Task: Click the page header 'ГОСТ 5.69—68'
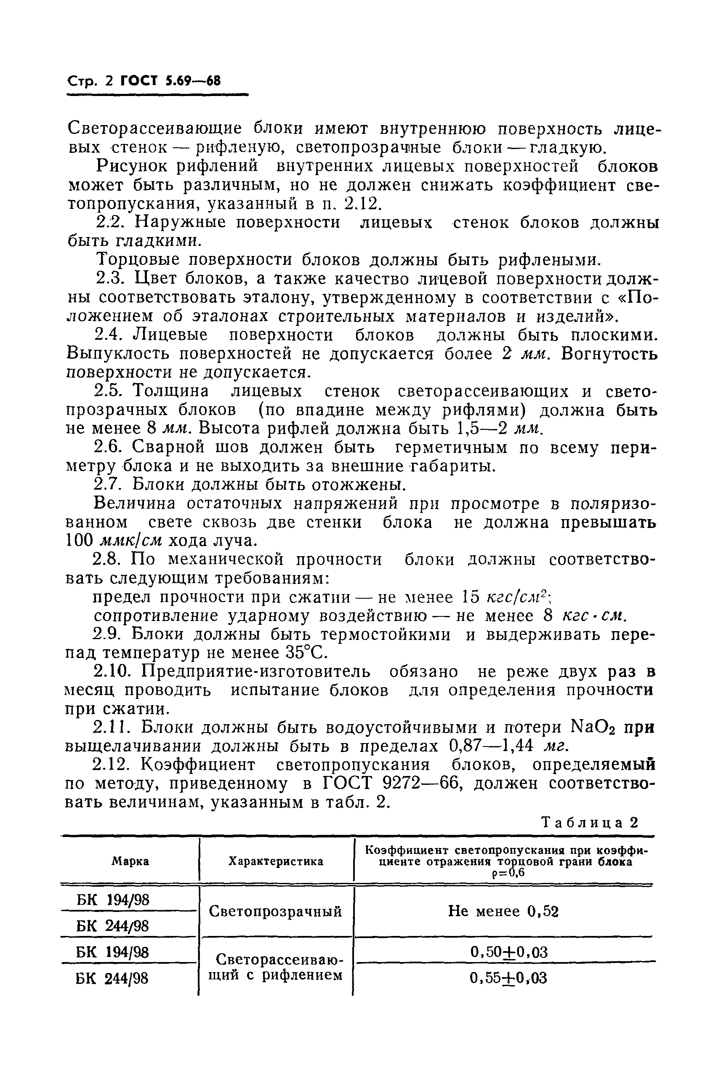170,81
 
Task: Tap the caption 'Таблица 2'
590,822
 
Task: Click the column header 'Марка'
130,861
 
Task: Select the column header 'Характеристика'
276,861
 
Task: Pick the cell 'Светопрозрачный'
275,911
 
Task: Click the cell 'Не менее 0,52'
503,911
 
